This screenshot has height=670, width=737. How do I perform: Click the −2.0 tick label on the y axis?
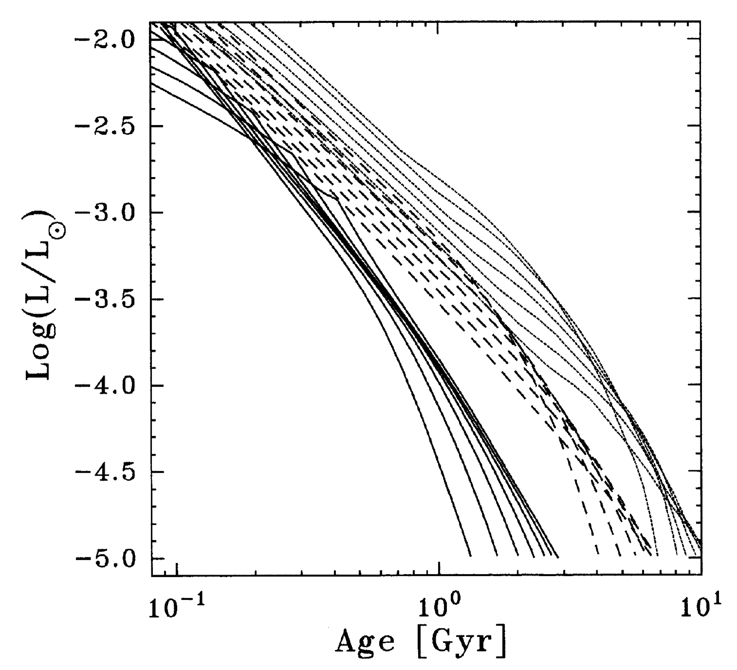click(x=102, y=39)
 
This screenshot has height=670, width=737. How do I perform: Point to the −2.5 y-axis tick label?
click(x=102, y=126)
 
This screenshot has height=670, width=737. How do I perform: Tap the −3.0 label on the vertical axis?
click(x=102, y=212)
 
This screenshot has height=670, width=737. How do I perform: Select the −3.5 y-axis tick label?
click(x=102, y=299)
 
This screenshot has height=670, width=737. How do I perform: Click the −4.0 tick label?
click(x=102, y=386)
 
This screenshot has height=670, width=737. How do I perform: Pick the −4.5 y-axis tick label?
click(x=102, y=472)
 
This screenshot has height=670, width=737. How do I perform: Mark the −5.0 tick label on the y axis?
click(x=102, y=559)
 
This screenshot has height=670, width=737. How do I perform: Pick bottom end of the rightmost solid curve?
click(x=558, y=557)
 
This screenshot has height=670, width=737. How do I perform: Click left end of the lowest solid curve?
click(x=152, y=83)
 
